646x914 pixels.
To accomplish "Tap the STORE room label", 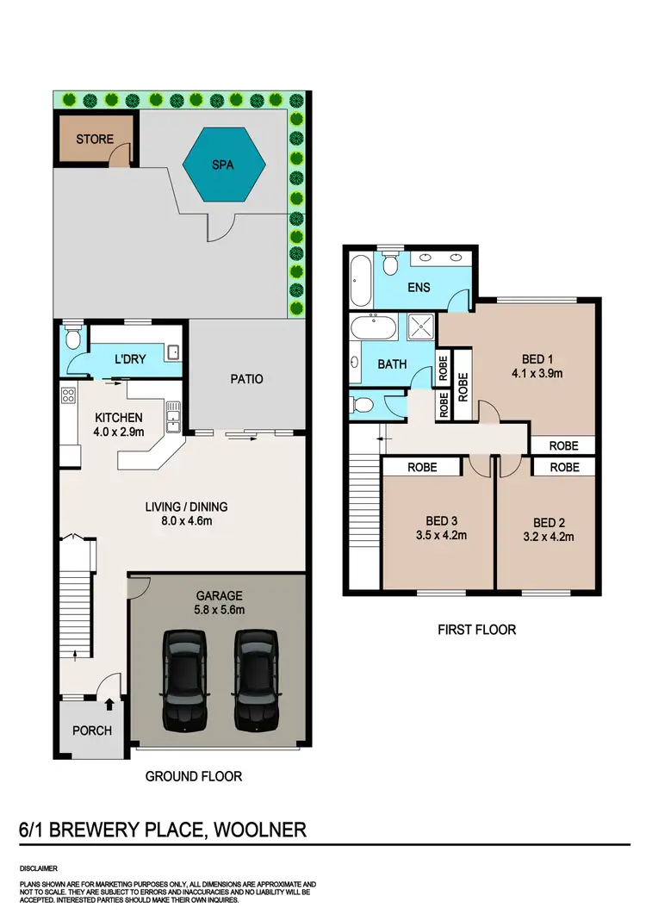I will pos(95,140).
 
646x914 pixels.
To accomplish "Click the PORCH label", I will pos(92,731).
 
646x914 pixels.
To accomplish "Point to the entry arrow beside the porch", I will pos(109,705).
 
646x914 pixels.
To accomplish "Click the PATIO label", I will pos(246,379).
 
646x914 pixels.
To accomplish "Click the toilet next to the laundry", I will pos(72,339).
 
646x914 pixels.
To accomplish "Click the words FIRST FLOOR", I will pos(476,630).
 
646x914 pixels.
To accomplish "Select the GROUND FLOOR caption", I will pos(193,776).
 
